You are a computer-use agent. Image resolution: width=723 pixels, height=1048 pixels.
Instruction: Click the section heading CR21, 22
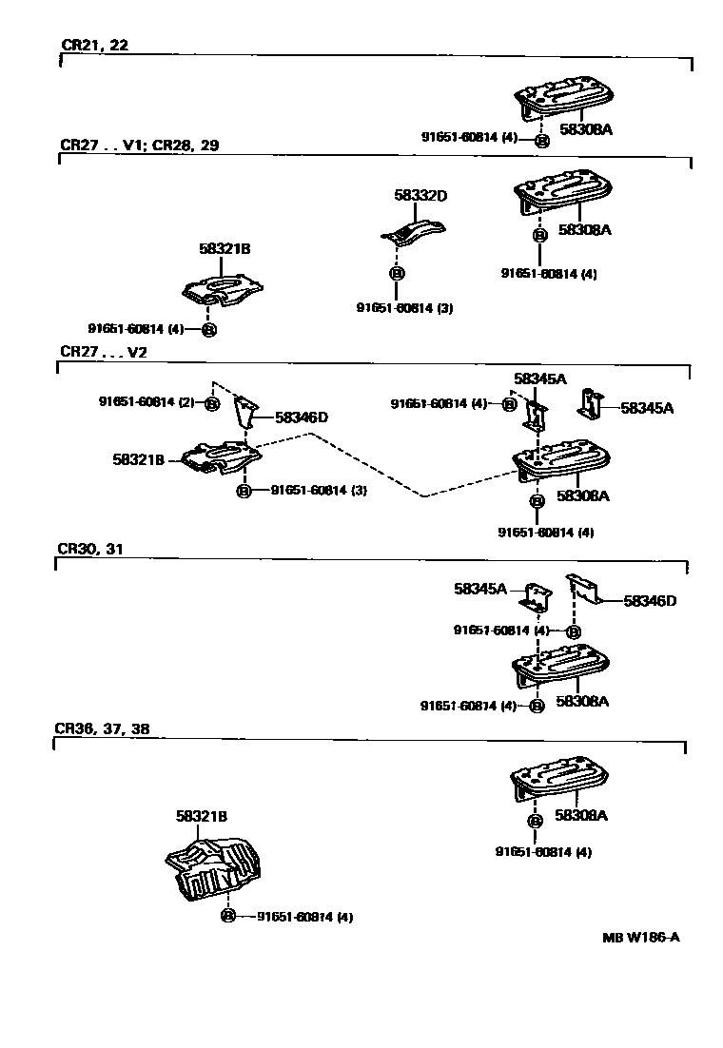94,45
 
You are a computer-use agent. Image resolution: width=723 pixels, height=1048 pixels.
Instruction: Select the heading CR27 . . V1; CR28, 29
140,146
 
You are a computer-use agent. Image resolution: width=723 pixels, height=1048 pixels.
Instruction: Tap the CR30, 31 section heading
89,550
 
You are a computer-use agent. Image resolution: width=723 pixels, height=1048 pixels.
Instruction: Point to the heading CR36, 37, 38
102,729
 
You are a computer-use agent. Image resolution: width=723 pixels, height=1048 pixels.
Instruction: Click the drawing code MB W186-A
640,937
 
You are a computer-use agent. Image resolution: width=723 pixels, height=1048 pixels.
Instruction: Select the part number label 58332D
420,195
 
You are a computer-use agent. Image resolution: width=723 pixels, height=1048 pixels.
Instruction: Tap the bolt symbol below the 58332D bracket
397,274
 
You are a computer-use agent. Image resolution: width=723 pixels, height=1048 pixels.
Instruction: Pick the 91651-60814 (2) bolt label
147,402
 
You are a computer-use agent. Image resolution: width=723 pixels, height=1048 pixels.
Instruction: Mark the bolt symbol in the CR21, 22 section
540,141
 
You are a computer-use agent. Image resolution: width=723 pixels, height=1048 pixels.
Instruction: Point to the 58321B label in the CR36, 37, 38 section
201,816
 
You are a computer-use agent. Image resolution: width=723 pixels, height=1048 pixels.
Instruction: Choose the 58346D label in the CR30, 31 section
650,600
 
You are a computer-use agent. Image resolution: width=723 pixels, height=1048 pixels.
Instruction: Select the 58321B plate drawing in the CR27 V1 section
222,290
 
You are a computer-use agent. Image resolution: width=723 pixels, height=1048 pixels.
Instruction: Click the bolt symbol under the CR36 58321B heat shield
227,917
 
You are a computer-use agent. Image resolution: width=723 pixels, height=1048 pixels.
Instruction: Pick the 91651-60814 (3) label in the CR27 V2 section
319,491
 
